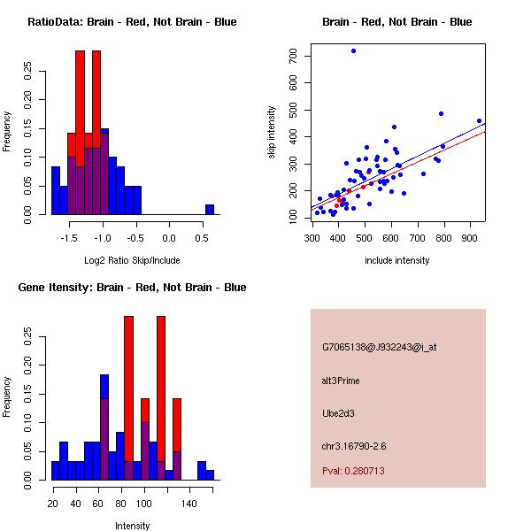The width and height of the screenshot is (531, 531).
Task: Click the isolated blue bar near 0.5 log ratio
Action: pyautogui.click(x=210, y=210)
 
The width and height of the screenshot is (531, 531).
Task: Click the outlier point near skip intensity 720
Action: pyautogui.click(x=353, y=51)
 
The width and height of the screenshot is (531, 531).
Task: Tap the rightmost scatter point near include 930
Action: pyautogui.click(x=479, y=120)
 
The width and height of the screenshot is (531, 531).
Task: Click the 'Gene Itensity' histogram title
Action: pyautogui.click(x=132, y=288)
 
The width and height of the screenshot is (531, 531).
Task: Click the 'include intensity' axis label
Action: pyautogui.click(x=397, y=261)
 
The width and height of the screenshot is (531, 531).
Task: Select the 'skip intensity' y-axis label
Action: pyautogui.click(x=272, y=133)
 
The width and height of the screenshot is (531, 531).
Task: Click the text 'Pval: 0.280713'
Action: pyautogui.click(x=353, y=471)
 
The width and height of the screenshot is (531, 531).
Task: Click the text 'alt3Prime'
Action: pyautogui.click(x=341, y=381)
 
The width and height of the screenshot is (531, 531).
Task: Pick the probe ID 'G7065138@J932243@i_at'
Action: pyautogui.click(x=380, y=347)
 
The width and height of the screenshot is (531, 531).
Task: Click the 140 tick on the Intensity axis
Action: pyautogui.click(x=189, y=504)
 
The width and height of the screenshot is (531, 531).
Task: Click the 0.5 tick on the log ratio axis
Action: pyautogui.click(x=203, y=238)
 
